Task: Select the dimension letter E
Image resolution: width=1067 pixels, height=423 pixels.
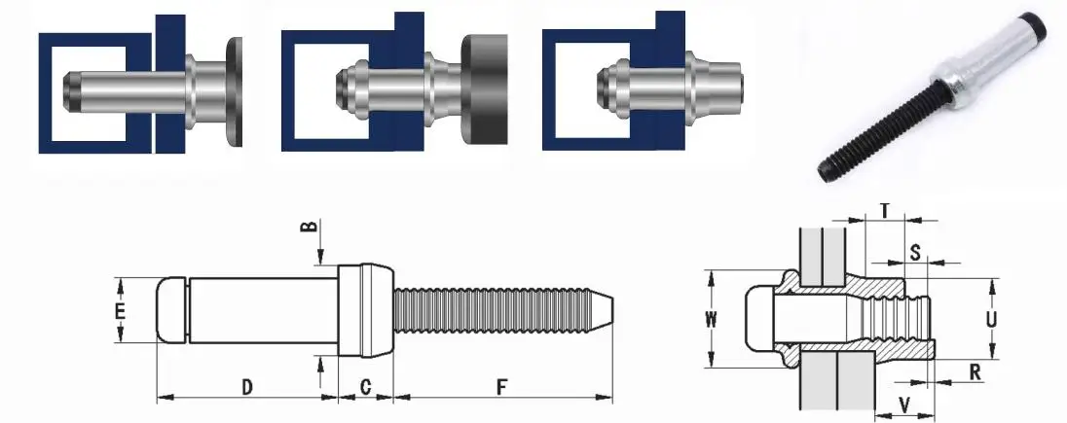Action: (x=119, y=311)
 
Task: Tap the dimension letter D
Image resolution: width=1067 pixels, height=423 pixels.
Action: (x=247, y=387)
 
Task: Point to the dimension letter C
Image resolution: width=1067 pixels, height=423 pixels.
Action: (x=365, y=387)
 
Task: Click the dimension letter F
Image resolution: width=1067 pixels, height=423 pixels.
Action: (x=501, y=387)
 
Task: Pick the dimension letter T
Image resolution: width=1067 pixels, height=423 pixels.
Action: (x=884, y=210)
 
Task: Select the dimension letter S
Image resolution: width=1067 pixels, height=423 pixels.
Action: (x=914, y=252)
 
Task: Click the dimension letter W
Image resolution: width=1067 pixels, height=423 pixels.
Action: (x=711, y=319)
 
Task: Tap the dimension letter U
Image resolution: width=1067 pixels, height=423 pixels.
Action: (x=990, y=317)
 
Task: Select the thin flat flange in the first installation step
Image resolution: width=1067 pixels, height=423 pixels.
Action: (x=235, y=92)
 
